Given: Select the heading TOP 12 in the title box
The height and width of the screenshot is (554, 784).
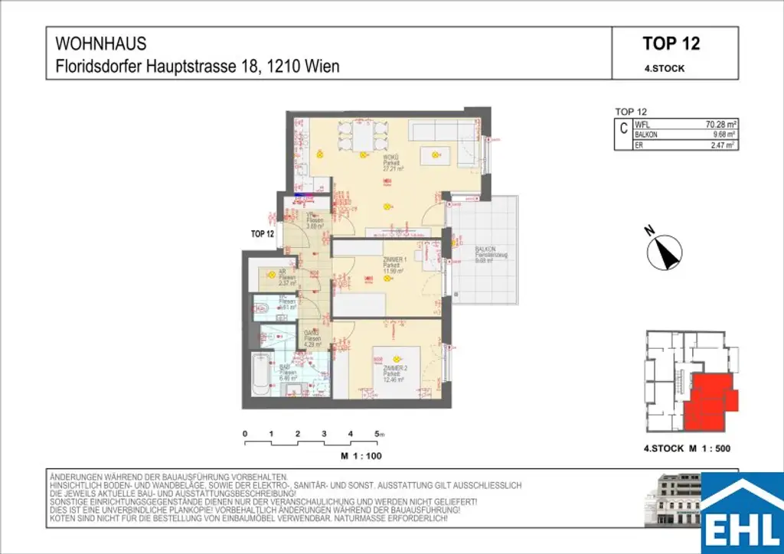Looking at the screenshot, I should [671, 44].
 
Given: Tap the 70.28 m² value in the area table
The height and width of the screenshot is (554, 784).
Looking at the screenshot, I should [720, 124].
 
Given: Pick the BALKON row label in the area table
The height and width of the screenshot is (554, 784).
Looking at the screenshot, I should [647, 134].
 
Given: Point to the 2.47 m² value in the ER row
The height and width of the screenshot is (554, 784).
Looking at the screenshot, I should [723, 144].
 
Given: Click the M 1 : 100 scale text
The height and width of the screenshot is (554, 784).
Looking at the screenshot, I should [361, 455].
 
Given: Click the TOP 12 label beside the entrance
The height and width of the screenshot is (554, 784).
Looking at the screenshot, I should [262, 234].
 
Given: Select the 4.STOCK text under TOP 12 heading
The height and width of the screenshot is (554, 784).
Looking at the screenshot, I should [665, 68].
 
